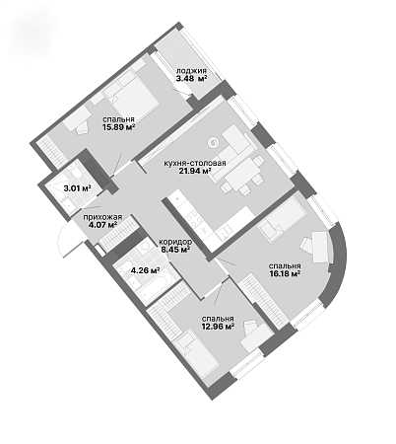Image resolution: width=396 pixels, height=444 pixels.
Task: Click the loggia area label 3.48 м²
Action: pos(192,78)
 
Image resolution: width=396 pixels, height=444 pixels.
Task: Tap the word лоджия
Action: pos(191,71)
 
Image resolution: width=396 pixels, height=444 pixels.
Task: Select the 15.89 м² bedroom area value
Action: pos(119,127)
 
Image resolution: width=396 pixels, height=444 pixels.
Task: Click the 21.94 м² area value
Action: pos(195,171)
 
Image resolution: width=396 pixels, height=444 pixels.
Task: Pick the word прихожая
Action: pos(102,217)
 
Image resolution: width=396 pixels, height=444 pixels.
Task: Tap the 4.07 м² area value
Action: pos(103,225)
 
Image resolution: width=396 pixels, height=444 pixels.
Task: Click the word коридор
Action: pos(175,242)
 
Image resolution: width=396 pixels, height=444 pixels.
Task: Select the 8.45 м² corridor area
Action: pos(175,250)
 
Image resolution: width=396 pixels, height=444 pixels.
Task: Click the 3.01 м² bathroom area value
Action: pos(77,188)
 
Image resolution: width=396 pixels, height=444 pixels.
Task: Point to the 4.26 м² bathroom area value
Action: pos(145,270)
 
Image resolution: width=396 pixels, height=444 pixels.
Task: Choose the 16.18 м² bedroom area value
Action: pos(285,273)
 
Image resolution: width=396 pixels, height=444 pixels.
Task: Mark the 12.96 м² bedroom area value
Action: pos(218,327)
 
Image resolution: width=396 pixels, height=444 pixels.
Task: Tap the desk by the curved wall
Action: pos(320,247)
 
